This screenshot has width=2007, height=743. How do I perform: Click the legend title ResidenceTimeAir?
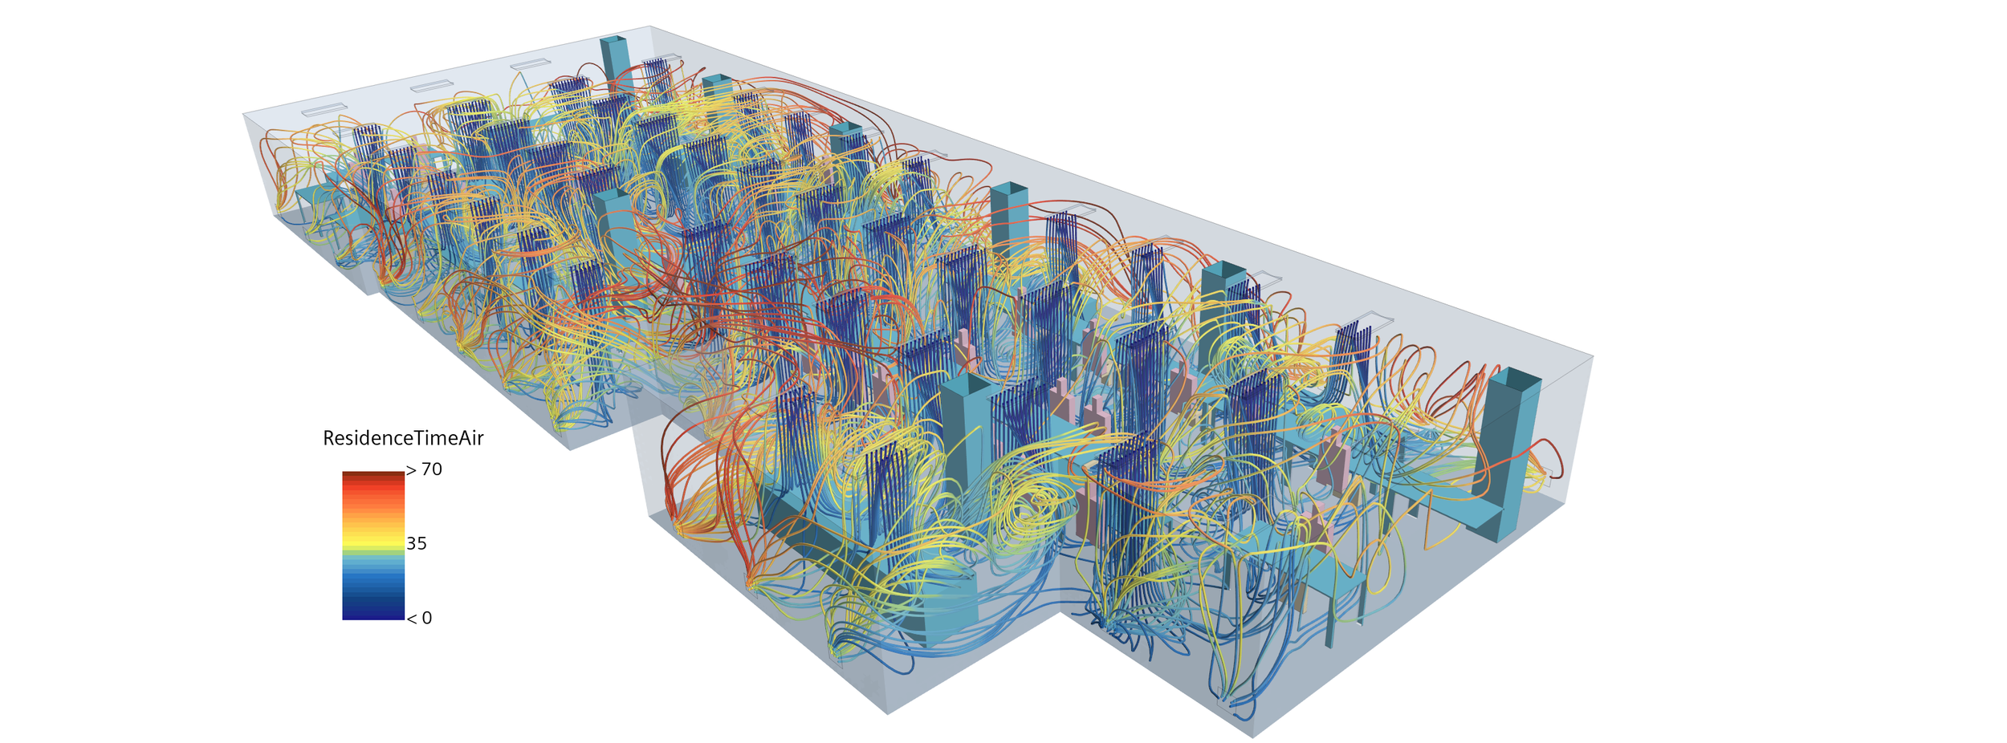pos(403,438)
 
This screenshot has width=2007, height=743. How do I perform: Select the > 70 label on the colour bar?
pos(424,470)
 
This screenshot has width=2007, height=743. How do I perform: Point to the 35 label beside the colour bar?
pos(417,544)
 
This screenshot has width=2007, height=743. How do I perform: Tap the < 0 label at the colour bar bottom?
pos(419,618)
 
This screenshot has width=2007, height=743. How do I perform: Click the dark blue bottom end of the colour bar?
pos(373,613)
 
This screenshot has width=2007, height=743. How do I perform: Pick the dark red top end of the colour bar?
pos(373,475)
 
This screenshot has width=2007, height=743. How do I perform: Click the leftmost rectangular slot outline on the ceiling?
pos(321,110)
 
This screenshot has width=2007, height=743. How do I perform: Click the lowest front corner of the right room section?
pos(1252,736)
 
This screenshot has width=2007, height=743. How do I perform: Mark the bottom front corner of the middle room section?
pos(887,713)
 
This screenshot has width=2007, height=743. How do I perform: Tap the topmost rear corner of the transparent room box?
pos(649,26)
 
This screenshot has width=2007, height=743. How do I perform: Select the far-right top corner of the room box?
pos(1593,357)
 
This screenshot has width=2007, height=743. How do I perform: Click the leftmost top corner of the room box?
pos(243,114)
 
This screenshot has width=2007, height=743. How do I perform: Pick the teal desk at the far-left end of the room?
pos(317,197)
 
